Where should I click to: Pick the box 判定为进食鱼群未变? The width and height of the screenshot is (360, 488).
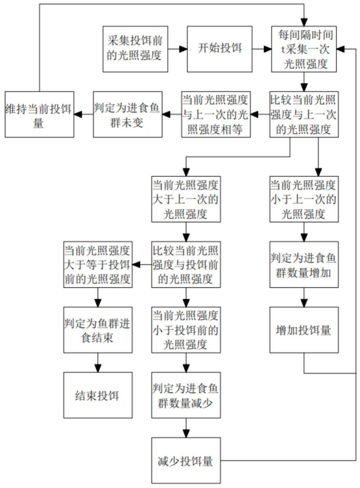(x=127, y=114)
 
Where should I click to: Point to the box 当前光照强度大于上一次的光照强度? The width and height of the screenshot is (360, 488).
(x=186, y=199)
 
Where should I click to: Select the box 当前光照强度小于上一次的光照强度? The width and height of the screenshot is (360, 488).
(x=303, y=199)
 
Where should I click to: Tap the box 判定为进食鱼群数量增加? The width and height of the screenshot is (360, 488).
(x=303, y=264)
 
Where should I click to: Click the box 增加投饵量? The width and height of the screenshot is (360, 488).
(x=303, y=330)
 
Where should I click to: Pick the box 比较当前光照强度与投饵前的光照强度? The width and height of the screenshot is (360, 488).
(x=186, y=264)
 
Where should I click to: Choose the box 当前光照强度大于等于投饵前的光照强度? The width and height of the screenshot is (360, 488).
(x=98, y=264)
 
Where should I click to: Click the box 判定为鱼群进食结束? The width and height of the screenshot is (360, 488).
(x=98, y=330)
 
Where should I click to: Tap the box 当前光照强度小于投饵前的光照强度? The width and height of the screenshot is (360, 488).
(x=186, y=330)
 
